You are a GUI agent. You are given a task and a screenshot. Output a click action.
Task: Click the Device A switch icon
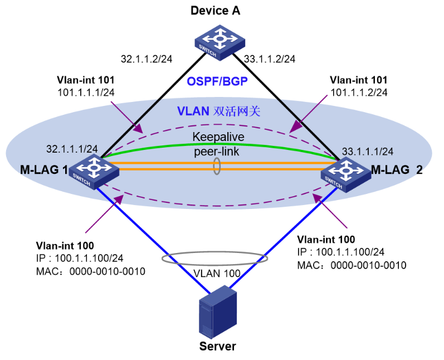pos(219,42)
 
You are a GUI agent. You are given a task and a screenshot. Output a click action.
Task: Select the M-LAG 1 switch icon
pos(95,169)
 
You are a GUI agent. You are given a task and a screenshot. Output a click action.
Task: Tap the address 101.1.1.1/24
pos(86,91)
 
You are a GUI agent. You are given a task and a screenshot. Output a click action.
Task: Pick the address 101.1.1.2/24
pos(359,91)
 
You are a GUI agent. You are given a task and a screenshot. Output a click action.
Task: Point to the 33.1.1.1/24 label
pos(368,151)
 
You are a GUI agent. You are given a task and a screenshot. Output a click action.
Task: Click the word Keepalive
pos(218,137)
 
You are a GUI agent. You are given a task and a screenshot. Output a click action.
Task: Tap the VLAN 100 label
pos(217,274)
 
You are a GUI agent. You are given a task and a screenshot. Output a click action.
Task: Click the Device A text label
pos(215,11)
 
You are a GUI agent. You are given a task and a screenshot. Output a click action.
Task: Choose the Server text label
pos(218,346)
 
